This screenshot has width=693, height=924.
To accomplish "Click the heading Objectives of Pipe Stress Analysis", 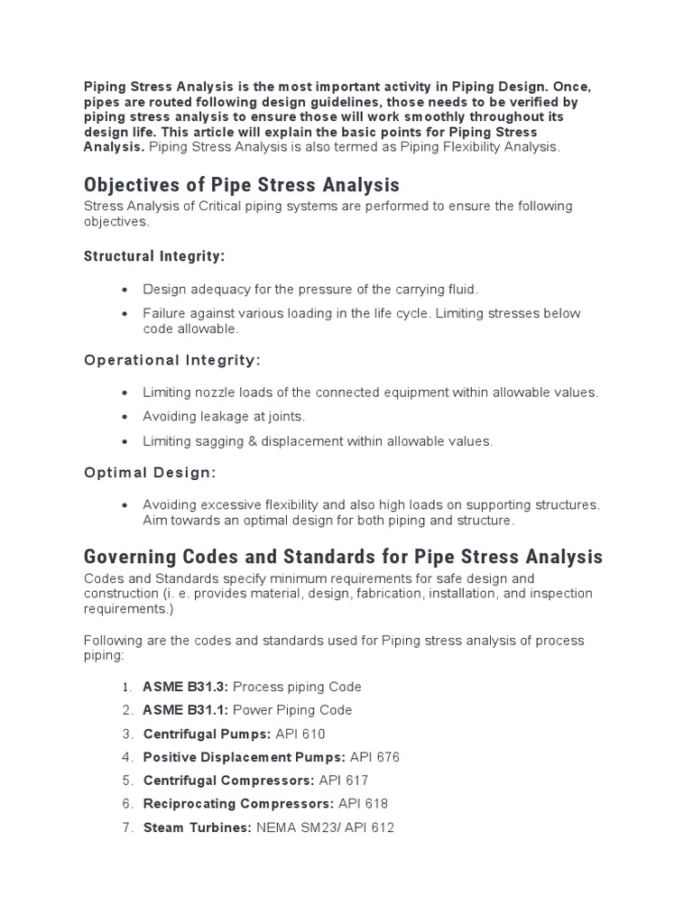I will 241,186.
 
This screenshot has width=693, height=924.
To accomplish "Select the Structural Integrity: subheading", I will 154,256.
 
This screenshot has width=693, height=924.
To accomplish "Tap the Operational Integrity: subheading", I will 172,360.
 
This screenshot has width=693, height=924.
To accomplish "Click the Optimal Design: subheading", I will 150,473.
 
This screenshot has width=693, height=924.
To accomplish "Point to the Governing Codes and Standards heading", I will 343,557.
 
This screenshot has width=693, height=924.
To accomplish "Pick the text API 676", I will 374,757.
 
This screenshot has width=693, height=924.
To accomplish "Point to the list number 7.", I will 126,827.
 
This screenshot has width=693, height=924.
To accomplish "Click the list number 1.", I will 126,687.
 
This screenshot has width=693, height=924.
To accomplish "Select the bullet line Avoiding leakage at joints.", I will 224,417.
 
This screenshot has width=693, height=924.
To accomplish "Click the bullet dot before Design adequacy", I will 125,290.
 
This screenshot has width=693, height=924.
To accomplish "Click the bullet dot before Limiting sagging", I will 125,442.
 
